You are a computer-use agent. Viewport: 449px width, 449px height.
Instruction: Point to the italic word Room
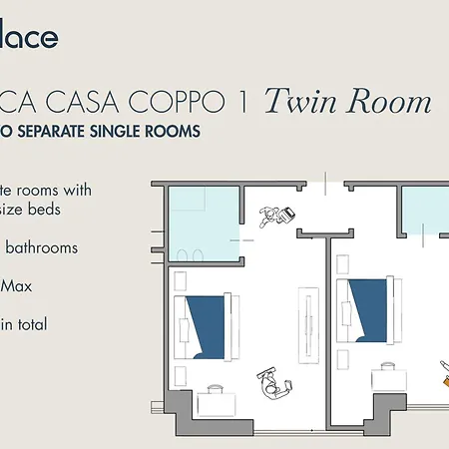(390, 102)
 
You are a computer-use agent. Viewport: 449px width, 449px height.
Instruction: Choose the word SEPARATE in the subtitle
(56, 131)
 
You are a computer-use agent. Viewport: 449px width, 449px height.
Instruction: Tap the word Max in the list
(17, 286)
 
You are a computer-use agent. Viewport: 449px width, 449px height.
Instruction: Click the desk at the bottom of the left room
(216, 401)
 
